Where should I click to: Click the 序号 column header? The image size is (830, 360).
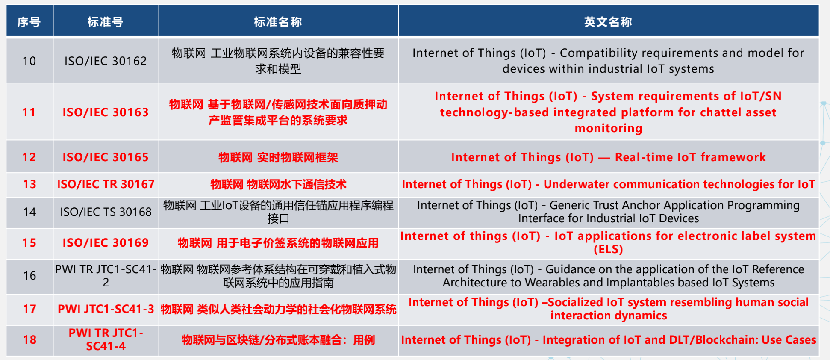tap(29, 22)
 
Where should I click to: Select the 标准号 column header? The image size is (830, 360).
tap(105, 22)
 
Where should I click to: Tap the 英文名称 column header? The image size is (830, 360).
tap(608, 22)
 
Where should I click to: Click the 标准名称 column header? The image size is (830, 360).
tap(278, 22)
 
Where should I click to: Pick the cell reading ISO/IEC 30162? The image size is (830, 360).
tap(106, 61)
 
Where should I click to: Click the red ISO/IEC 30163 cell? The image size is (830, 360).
tap(106, 112)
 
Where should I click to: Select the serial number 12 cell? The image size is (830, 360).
tap(29, 157)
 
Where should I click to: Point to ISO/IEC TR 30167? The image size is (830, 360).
tap(106, 184)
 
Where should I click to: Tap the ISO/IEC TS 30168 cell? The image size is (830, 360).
tap(106, 212)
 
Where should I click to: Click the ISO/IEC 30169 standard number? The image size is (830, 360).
tap(106, 243)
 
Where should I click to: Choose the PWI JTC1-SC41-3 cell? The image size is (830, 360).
tap(106, 309)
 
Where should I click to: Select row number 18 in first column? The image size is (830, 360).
tap(29, 340)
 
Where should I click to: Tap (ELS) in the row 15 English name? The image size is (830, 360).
tap(608, 249)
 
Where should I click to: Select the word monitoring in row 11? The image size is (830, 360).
tap(608, 128)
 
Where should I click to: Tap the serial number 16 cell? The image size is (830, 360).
tap(29, 276)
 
